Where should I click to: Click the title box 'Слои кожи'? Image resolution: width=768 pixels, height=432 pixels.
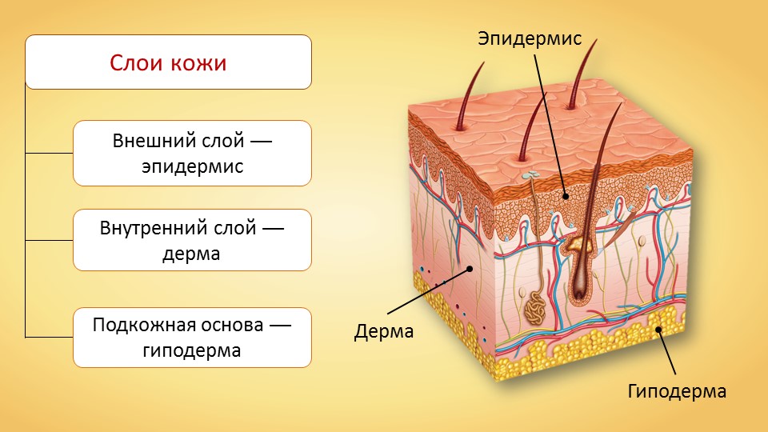click(168, 62)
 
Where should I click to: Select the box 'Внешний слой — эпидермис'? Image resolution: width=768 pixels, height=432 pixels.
click(192, 154)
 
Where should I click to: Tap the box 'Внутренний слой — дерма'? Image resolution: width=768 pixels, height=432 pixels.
click(192, 240)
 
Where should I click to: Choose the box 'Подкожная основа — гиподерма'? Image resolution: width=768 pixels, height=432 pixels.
click(192, 338)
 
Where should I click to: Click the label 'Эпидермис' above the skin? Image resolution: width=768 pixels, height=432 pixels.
click(530, 38)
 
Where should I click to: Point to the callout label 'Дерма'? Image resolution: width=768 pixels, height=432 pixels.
click(384, 331)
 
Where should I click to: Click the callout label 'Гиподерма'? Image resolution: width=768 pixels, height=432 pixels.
click(677, 391)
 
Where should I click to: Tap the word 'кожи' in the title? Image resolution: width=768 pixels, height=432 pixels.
click(198, 63)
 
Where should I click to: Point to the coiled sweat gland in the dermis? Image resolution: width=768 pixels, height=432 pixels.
click(535, 310)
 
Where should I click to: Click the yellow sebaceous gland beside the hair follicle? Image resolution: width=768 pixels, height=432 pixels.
click(578, 243)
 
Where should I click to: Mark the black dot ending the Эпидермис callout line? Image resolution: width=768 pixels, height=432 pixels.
click(566, 197)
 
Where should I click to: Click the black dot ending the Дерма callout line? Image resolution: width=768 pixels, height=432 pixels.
click(470, 269)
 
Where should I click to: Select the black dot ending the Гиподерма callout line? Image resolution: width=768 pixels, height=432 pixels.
click(658, 329)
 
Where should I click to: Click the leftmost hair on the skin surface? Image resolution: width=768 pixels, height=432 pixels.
click(469, 96)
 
